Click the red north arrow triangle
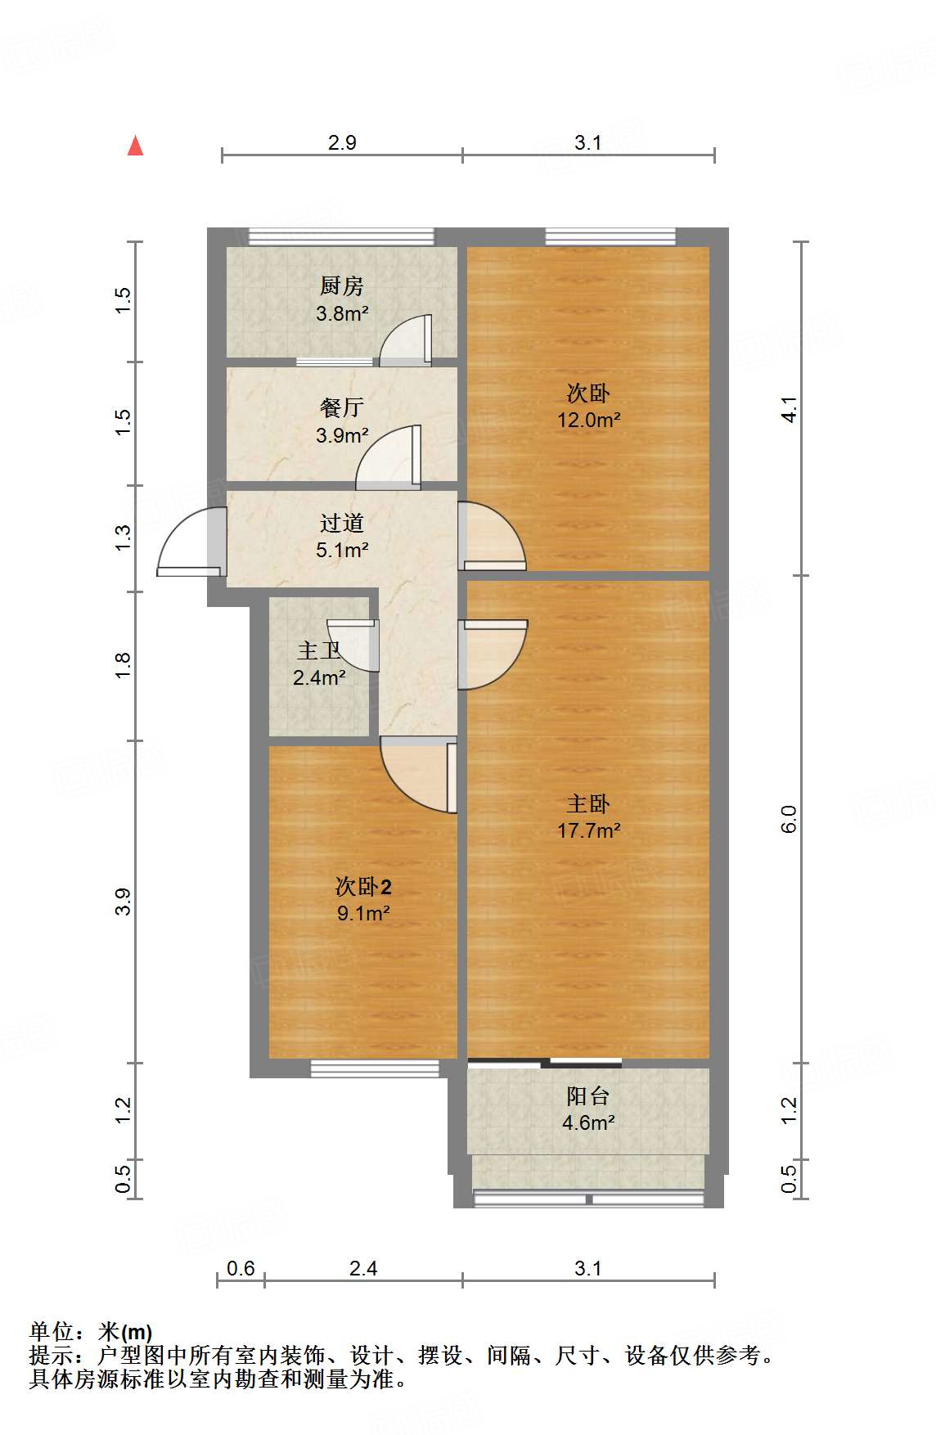(136, 146)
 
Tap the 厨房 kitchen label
(342, 286)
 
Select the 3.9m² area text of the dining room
(342, 435)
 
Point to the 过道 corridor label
(342, 523)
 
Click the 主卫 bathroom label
(319, 650)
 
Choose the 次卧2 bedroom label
(363, 887)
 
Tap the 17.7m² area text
(589, 830)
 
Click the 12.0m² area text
(589, 420)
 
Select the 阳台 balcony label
(588, 1095)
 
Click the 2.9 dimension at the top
(342, 142)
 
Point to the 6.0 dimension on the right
(788, 819)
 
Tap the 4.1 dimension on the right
(788, 409)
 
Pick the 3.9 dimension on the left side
(123, 902)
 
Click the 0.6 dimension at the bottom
(241, 1268)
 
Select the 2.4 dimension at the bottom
(363, 1268)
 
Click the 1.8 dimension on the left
(123, 664)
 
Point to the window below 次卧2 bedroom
(375, 1068)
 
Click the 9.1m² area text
(363, 913)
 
